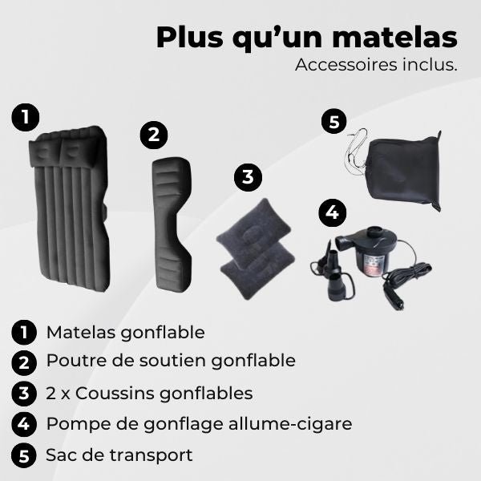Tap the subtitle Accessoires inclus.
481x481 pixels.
pyautogui.click(x=376, y=65)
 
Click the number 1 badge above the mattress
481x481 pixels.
pyautogui.click(x=26, y=117)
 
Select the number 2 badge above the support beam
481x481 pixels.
pyautogui.click(x=153, y=135)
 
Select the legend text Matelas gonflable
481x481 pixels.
pyautogui.click(x=125, y=332)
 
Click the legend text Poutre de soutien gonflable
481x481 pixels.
pyautogui.click(x=171, y=361)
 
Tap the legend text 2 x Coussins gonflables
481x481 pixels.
pyautogui.click(x=149, y=393)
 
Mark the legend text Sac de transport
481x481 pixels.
pyautogui.click(x=119, y=455)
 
